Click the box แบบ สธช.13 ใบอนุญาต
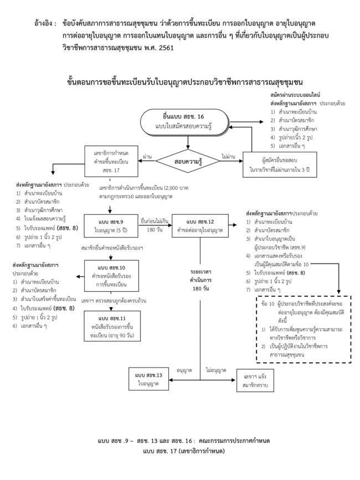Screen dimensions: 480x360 [151, 379]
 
